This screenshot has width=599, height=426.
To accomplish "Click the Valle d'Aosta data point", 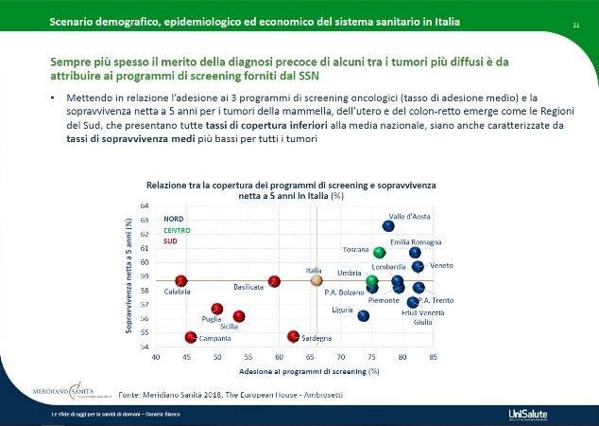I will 388,225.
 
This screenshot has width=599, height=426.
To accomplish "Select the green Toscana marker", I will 380,253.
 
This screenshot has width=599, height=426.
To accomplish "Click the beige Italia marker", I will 317,281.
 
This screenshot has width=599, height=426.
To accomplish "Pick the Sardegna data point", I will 293,336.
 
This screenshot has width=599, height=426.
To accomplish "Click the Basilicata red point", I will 275,281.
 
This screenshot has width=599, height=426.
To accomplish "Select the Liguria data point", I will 364,316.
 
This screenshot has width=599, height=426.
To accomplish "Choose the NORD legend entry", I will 173,220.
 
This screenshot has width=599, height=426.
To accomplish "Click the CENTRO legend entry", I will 177,230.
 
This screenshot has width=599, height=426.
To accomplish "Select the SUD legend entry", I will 171,241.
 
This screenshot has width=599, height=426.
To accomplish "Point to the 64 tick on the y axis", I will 145,205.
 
